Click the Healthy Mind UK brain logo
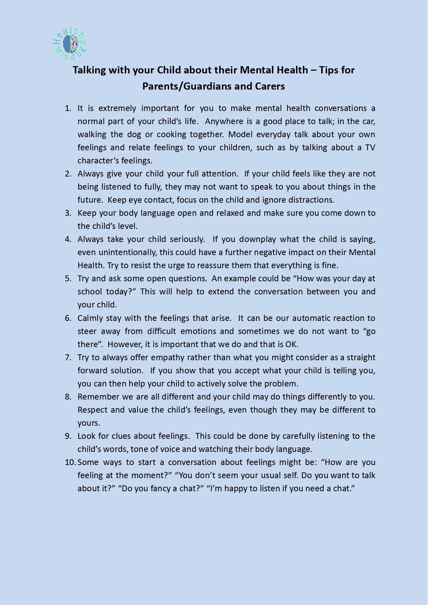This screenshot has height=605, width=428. [x=70, y=44]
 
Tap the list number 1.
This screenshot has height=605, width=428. [x=68, y=108]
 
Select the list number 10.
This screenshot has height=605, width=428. [x=70, y=462]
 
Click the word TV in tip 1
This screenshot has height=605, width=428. [x=370, y=148]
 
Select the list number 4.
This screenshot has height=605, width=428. [x=68, y=239]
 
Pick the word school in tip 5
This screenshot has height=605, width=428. [x=90, y=292]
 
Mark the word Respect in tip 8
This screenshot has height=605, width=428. [x=92, y=410]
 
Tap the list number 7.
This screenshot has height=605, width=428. [x=68, y=357]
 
